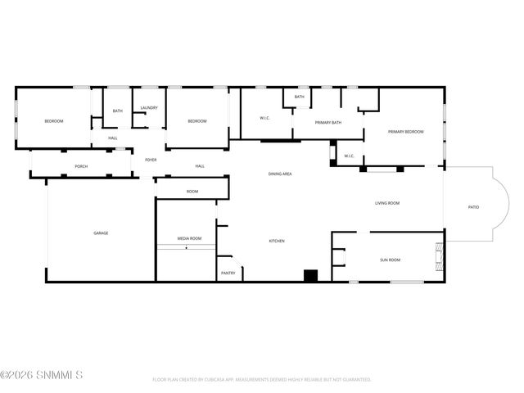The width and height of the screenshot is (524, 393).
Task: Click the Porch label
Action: (x=81, y=166)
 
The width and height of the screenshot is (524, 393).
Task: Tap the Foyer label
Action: (x=151, y=160)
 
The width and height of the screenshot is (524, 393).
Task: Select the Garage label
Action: (x=101, y=233)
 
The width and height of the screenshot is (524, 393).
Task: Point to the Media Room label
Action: (x=189, y=238)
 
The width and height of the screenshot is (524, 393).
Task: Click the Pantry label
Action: (x=228, y=273)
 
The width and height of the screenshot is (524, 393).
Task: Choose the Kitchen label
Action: (x=277, y=241)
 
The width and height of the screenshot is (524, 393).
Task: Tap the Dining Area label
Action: (x=280, y=174)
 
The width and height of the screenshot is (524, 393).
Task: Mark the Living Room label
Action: (x=386, y=203)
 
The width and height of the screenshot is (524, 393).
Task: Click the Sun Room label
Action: (x=390, y=260)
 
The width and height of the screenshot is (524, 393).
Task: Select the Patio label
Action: (x=473, y=207)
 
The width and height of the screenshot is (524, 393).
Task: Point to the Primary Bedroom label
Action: (x=405, y=132)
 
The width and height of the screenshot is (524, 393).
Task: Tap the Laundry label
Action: (x=149, y=108)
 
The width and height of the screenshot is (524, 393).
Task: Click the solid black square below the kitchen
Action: (x=310, y=276)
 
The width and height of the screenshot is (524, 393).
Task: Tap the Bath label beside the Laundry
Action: (x=118, y=111)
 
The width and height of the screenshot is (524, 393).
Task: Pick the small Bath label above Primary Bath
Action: (x=300, y=97)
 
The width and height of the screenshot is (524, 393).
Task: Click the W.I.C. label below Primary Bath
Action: (x=348, y=156)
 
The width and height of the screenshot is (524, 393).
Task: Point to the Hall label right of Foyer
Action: (x=200, y=166)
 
